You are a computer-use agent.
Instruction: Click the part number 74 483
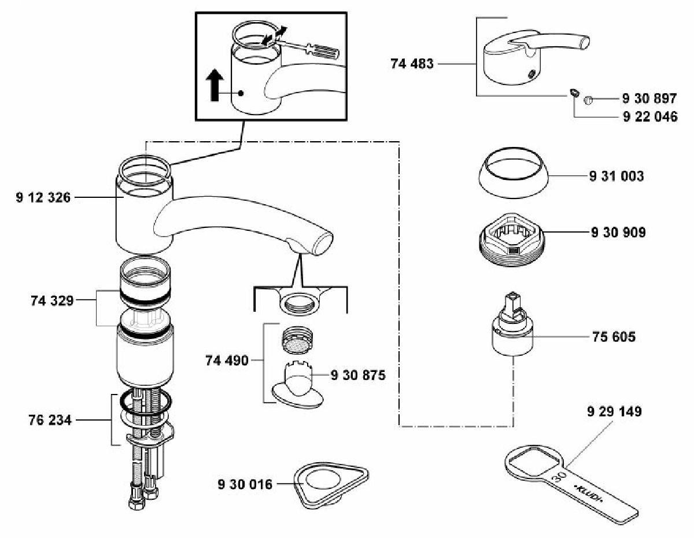pyautogui.click(x=412, y=64)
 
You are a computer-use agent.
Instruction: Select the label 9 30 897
pyautogui.click(x=649, y=98)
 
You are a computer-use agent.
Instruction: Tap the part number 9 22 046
pyautogui.click(x=650, y=117)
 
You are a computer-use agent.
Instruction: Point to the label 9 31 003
pyautogui.click(x=617, y=176)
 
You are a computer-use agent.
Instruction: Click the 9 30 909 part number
pyautogui.click(x=618, y=232)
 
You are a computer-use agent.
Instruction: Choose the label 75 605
pyautogui.click(x=614, y=337)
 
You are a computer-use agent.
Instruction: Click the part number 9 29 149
pyautogui.click(x=614, y=411)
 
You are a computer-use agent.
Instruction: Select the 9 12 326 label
pyautogui.click(x=43, y=197)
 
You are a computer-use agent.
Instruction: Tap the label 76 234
pyautogui.click(x=50, y=420)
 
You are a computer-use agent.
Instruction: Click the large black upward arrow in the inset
pyautogui.click(x=215, y=85)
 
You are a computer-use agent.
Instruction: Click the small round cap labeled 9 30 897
pyautogui.click(x=588, y=100)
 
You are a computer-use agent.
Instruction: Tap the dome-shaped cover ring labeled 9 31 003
pyautogui.click(x=513, y=173)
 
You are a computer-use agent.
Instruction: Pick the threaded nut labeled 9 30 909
pyautogui.click(x=512, y=239)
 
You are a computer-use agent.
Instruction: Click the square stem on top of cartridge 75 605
pyautogui.click(x=512, y=299)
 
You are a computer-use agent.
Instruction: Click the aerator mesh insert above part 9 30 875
pyautogui.click(x=298, y=340)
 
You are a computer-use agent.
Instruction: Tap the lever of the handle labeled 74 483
pyautogui.click(x=550, y=42)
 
